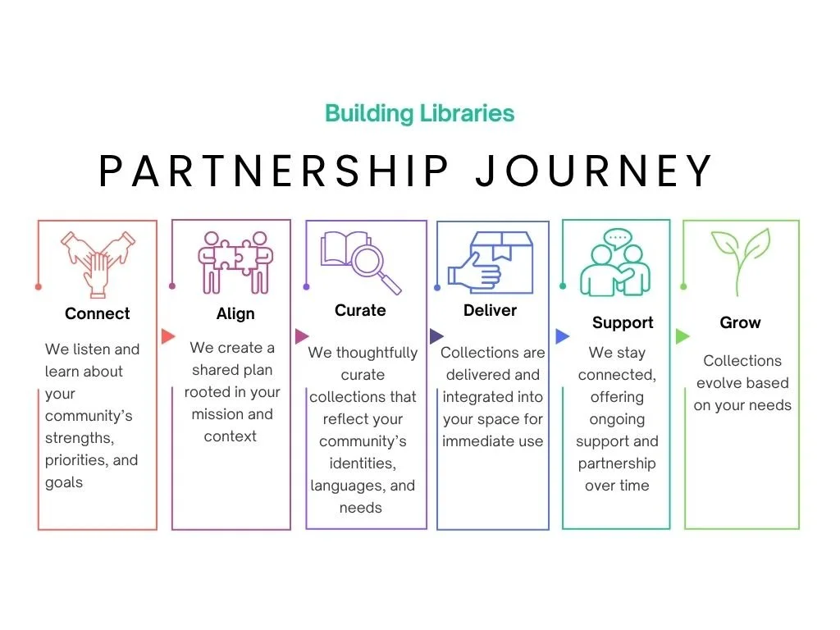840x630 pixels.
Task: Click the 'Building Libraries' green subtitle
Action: (419, 113)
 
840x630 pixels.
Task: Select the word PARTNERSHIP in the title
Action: (274, 171)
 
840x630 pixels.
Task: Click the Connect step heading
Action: (97, 313)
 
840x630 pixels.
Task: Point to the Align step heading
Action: (235, 314)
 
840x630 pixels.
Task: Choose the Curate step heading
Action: (360, 310)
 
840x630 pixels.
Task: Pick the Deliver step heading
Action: (490, 310)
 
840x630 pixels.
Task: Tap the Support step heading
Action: (623, 322)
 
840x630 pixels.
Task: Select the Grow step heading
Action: (740, 322)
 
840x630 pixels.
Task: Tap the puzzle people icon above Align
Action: (235, 260)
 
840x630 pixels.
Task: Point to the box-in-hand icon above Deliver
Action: (490, 261)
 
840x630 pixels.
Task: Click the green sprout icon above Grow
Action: (741, 260)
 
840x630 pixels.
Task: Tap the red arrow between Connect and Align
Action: (168, 336)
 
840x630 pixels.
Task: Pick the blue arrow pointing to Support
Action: (562, 336)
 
